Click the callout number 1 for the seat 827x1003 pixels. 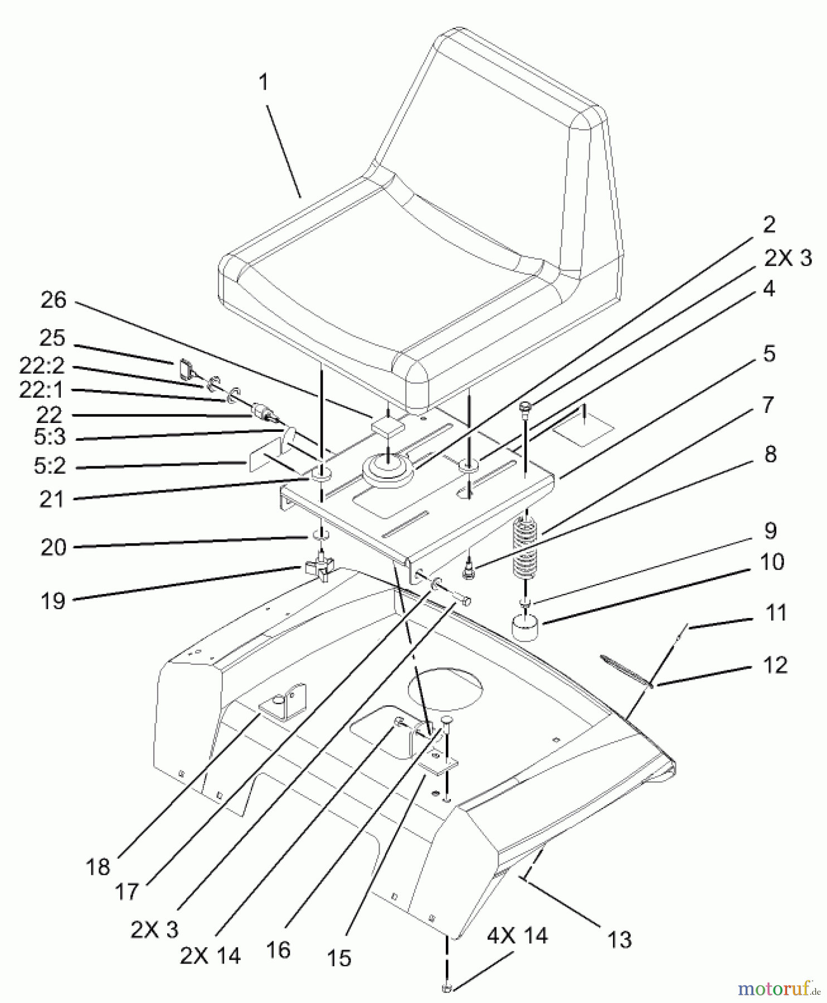pos(263,82)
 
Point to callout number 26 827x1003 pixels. pos(53,300)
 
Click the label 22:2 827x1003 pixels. pos(42,366)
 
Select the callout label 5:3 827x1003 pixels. pos(49,437)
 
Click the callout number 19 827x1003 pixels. pos(52,601)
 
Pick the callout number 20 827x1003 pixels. pos(53,547)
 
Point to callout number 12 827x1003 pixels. pos(775,665)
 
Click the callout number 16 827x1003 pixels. pos(278,950)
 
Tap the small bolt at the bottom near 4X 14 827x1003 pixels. pos(447,988)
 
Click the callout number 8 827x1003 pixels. pos(770,455)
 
